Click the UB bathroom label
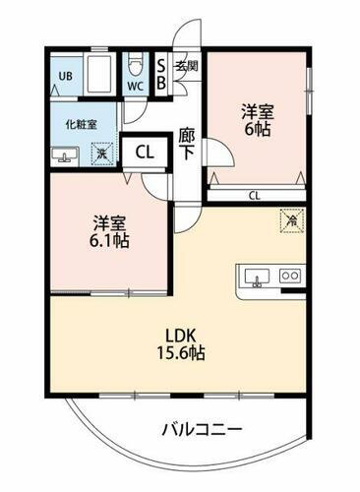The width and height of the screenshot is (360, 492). coord(66,76)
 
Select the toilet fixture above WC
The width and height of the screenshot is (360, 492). coord(137,67)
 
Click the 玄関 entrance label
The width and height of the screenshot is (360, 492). coord(187,67)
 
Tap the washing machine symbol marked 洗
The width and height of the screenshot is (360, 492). coord(100,153)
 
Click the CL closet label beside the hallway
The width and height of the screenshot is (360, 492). coord(144,153)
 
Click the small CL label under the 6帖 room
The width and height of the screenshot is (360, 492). coord(255,195)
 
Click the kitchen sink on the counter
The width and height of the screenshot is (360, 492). coord(257,277)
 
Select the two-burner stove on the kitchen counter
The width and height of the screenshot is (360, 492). coord(289,277)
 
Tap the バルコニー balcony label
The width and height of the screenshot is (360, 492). coord(201,429)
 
